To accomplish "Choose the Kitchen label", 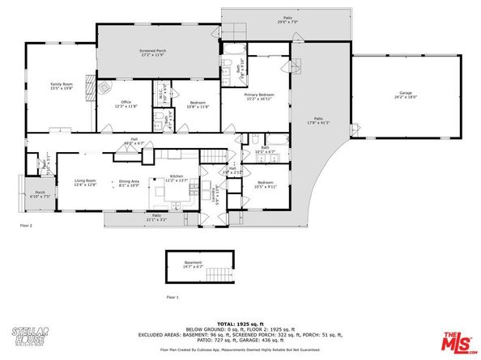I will tap(177, 177).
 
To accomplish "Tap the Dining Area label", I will tap(130, 183).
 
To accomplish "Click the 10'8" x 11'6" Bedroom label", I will tap(198, 105).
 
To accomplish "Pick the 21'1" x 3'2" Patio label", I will tap(158, 217).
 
